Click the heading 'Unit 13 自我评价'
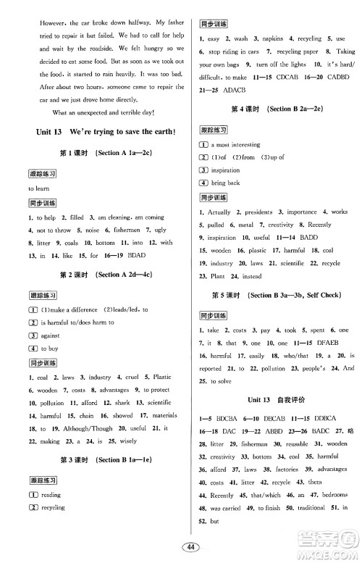point(275,399)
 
